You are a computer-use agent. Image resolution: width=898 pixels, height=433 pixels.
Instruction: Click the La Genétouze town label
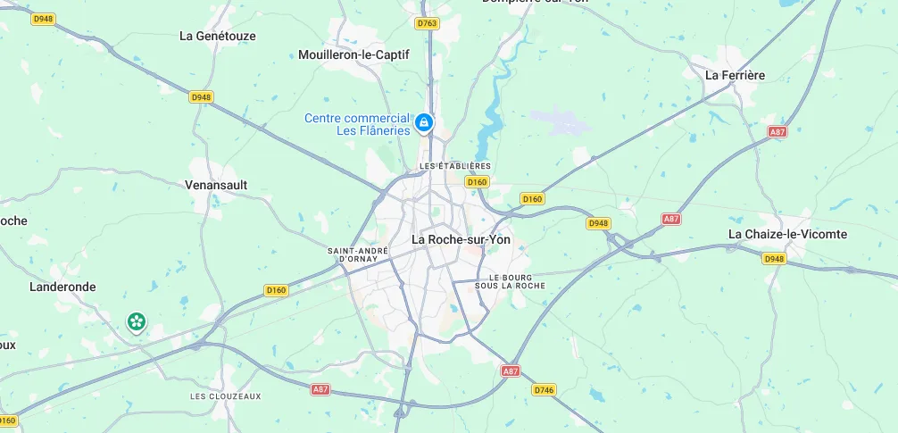(x=218, y=37)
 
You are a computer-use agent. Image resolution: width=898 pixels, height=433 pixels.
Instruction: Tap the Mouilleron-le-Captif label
(x=353, y=54)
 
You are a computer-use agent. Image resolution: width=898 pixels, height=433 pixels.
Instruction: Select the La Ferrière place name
(x=735, y=75)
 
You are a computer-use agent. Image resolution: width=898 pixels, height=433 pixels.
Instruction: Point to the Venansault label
(x=215, y=185)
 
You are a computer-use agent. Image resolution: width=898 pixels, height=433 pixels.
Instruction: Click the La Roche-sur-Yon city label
(x=461, y=239)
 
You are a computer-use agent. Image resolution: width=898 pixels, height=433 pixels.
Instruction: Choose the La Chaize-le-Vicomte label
(x=787, y=234)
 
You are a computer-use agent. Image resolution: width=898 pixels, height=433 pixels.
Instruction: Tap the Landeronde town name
(x=62, y=287)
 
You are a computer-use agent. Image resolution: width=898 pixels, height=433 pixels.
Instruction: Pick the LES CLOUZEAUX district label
(x=225, y=396)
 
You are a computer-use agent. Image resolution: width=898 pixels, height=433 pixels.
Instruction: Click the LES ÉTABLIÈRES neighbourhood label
(x=455, y=166)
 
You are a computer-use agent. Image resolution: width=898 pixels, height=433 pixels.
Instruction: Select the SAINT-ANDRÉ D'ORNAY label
(x=358, y=254)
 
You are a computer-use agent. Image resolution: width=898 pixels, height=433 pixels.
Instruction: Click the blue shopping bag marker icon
(x=425, y=121)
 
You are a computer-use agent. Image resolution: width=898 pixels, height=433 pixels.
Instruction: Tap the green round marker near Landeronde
(x=136, y=321)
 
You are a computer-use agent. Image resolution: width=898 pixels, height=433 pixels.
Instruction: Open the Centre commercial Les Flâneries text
(x=357, y=124)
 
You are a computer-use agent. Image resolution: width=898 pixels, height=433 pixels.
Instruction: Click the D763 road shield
(x=427, y=23)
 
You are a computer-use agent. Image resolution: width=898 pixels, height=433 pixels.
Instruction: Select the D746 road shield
(x=544, y=390)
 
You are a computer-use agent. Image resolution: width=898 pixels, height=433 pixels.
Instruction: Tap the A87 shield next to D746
(x=510, y=371)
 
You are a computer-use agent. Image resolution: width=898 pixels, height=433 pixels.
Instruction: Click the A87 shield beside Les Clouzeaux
(x=320, y=390)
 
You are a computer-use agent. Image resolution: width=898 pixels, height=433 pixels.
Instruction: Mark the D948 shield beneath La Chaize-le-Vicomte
(x=774, y=258)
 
